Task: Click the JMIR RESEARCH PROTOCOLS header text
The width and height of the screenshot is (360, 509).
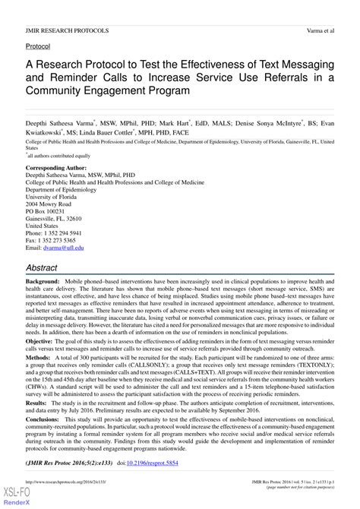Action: click(67, 31)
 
